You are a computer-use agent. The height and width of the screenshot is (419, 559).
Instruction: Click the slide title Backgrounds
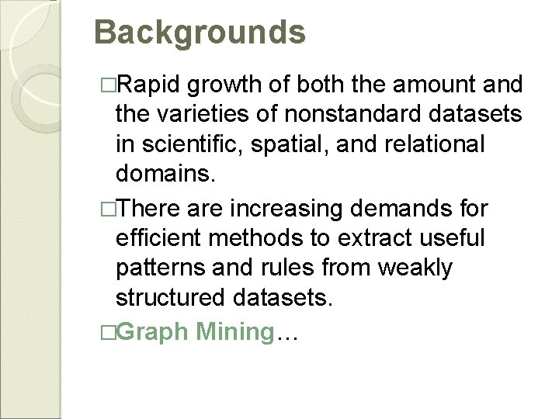200,33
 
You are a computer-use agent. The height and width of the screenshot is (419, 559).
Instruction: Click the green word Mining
231,331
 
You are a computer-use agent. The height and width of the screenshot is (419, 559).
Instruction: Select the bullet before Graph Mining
108,331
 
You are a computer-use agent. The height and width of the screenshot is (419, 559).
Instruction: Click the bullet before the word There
108,208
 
